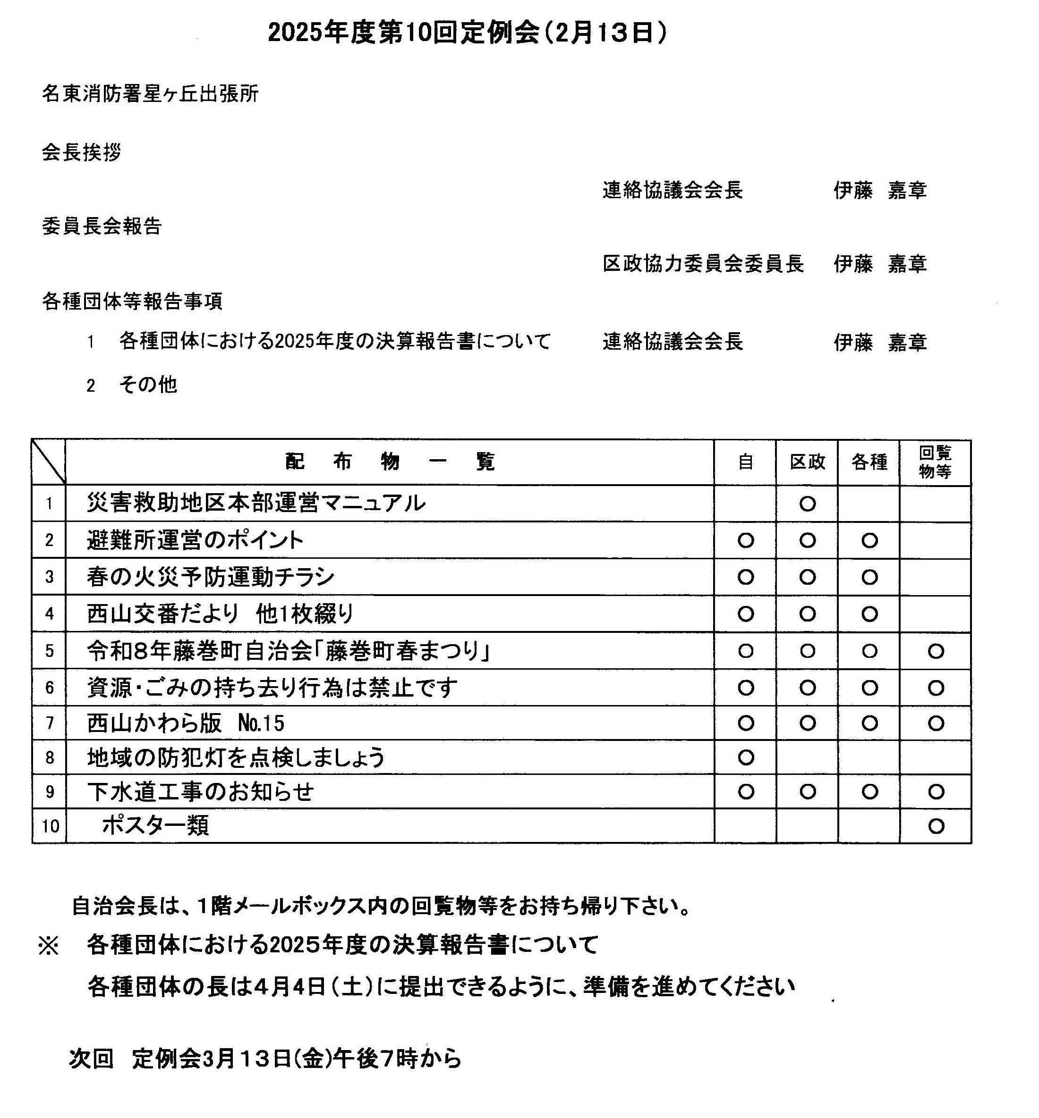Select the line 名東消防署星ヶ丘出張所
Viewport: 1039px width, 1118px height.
tap(150, 94)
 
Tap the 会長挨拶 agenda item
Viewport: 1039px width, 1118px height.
tap(82, 152)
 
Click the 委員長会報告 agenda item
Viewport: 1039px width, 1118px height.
tap(102, 226)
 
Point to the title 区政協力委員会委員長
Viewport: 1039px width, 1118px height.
tap(703, 263)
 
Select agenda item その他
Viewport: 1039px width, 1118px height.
tap(148, 385)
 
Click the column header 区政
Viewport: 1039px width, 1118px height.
tap(808, 462)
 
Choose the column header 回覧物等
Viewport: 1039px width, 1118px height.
tap(936, 462)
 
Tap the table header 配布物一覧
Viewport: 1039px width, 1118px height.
tap(390, 462)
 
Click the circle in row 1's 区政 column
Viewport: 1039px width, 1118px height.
tap(808, 504)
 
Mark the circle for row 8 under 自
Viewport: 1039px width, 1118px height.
tap(746, 757)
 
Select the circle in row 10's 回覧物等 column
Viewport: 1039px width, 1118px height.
tap(936, 826)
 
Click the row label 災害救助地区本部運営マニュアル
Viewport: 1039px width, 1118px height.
tap(256, 504)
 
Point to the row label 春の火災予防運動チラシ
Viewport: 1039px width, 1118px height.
tap(211, 577)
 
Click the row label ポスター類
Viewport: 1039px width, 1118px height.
tap(156, 826)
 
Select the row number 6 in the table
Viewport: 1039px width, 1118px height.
tap(50, 688)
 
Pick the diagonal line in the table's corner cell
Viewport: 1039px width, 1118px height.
tap(49, 462)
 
